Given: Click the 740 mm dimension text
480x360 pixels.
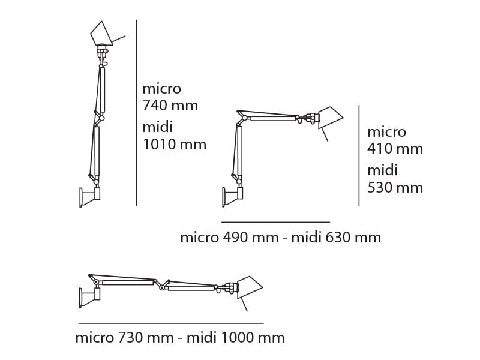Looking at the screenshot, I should coord(170,106).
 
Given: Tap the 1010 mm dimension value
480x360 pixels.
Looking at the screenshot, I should coord(174,145).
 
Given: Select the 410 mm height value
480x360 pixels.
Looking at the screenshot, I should coord(395,149).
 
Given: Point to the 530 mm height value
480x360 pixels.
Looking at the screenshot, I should coord(395,188).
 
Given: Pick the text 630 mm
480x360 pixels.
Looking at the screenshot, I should coord(353,238).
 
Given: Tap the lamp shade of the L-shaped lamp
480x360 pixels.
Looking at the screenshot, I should coord(330,118).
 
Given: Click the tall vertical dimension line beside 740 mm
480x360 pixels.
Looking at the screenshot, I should coord(137,114).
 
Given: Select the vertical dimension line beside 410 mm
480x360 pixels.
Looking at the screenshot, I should coord(359,156).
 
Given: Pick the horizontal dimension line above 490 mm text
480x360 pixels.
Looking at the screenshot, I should coord(275,222).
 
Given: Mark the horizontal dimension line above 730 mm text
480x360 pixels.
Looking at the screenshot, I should coord(171,323).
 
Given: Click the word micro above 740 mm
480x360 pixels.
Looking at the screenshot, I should coord(161,89).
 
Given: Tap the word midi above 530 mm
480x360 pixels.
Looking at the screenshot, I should coord(382,170).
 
